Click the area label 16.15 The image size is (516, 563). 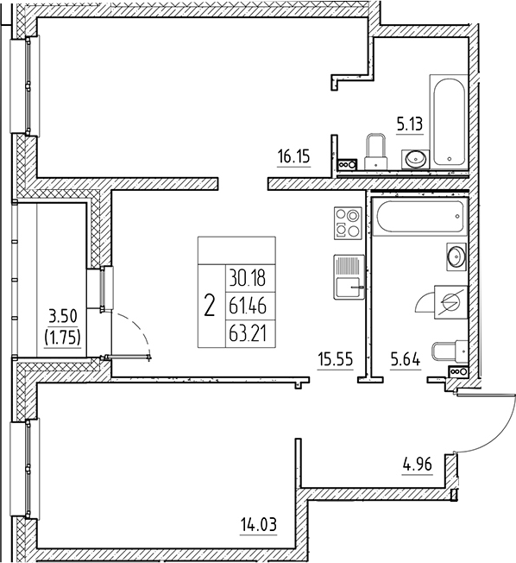tap(293, 157)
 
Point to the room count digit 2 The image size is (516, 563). tap(209, 305)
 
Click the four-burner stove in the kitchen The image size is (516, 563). tap(347, 223)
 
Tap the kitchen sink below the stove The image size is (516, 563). tap(348, 275)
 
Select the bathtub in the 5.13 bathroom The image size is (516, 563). tap(450, 121)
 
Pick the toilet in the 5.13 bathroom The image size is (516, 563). tap(376, 150)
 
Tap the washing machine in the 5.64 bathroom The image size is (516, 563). tap(450, 303)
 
